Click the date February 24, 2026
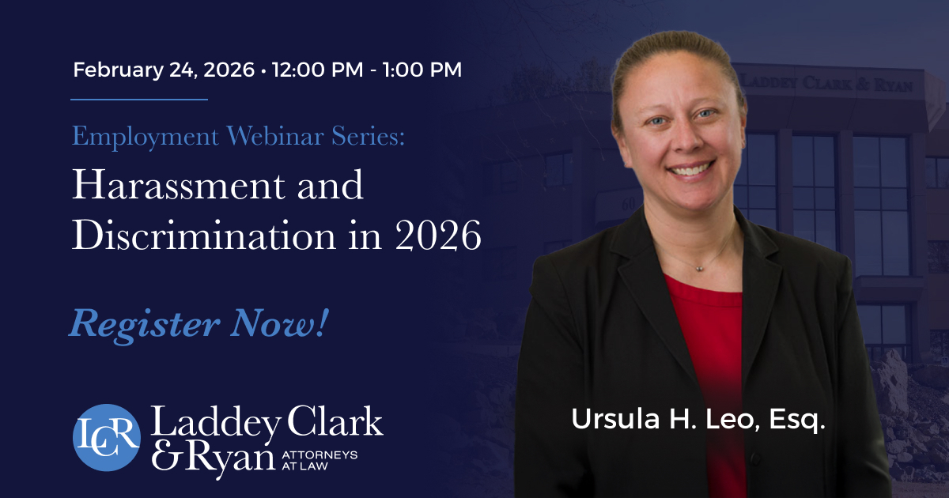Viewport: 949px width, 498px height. (x=164, y=70)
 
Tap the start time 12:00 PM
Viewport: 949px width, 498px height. (x=318, y=70)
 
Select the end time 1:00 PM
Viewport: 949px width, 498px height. (x=422, y=70)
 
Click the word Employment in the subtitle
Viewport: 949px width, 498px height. (x=146, y=137)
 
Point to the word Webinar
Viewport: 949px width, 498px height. (x=275, y=136)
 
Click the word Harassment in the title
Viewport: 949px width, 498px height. (x=178, y=185)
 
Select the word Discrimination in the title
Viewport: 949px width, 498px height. (x=204, y=235)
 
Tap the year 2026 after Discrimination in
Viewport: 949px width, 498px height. (x=438, y=236)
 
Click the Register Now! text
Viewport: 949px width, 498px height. (x=199, y=323)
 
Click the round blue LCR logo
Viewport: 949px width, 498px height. (x=107, y=437)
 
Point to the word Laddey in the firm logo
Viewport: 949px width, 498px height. (x=216, y=423)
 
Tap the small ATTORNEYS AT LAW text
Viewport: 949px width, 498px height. (x=319, y=460)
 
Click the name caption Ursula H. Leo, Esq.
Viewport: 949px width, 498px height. (x=698, y=419)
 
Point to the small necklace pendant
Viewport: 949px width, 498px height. (x=699, y=268)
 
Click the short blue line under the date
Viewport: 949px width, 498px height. (x=139, y=100)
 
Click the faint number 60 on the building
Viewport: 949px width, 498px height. (x=629, y=205)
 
